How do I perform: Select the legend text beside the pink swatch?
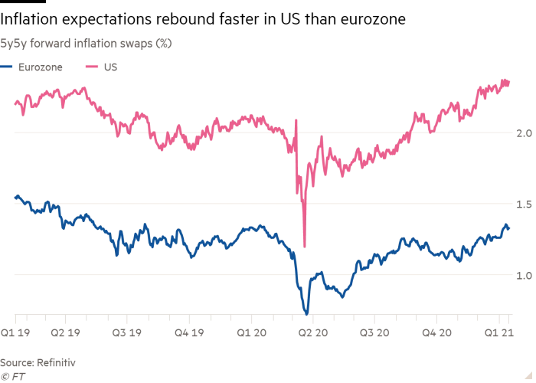click(113, 67)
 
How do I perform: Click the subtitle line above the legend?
click(89, 43)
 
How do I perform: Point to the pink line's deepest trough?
click(305, 247)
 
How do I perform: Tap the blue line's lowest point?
click(307, 313)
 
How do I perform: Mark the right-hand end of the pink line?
click(511, 83)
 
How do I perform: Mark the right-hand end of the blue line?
click(511, 224)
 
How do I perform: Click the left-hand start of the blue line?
click(15, 196)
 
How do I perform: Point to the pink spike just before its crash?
click(297, 119)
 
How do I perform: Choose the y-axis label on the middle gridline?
click(523, 201)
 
